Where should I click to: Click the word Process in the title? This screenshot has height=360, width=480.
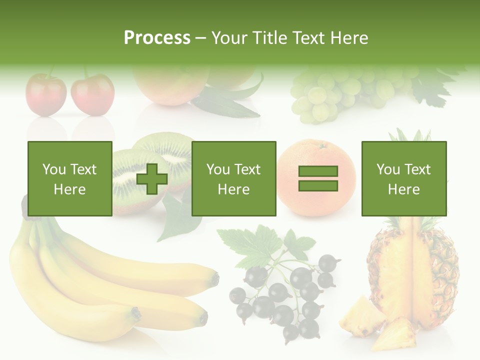[x=157, y=37]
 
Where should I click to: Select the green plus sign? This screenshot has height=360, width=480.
[x=152, y=179]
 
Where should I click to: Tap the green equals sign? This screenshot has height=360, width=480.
[x=318, y=178]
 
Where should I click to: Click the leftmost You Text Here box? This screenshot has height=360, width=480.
[x=69, y=178]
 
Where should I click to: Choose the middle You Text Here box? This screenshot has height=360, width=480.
[x=233, y=178]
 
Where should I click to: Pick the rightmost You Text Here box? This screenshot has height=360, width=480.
[x=403, y=178]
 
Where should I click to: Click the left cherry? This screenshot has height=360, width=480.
[x=45, y=94]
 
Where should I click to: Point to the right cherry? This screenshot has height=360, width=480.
[x=92, y=94]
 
